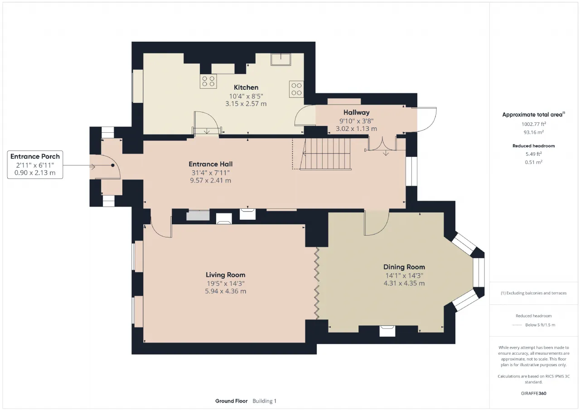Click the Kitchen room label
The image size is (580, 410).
tap(246, 87)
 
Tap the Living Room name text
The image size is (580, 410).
tap(225, 275)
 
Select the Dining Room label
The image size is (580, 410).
tap(404, 267)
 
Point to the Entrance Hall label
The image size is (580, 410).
tap(211, 164)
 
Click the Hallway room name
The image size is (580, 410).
tap(356, 112)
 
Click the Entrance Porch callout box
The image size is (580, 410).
tap(35, 164)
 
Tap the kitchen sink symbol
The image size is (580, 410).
tap(280, 59)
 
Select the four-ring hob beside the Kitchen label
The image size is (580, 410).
tap(208, 81)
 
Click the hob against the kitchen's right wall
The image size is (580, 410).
tap(296, 89)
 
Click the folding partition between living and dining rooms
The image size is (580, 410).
tap(316, 284)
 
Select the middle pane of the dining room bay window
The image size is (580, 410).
tap(479, 272)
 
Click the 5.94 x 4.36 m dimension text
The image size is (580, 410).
tap(226, 291)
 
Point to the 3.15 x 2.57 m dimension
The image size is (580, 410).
tap(246, 104)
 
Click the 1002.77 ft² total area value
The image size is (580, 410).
tap(534, 124)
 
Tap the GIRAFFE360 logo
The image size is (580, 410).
tap(534, 393)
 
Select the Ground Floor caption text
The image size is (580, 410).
tap(231, 401)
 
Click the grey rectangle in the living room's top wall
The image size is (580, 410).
tap(198, 216)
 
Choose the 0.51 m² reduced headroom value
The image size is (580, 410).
tap(534, 162)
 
